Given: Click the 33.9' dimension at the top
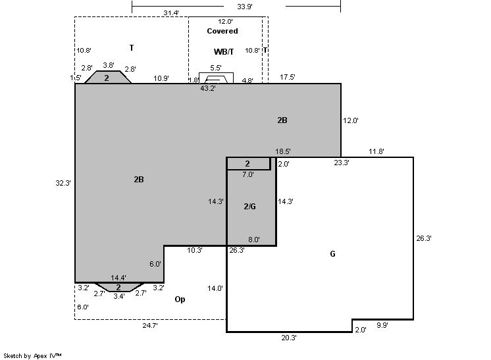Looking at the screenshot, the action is click(245, 7).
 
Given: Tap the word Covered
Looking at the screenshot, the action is click(222, 31).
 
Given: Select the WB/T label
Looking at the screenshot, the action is click(224, 51).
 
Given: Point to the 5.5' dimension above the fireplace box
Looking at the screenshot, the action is click(216, 68).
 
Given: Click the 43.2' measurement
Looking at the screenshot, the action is click(208, 88).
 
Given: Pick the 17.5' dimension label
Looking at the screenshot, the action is click(288, 77).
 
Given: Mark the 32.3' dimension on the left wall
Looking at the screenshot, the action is click(63, 183).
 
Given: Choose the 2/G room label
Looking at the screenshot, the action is click(249, 206).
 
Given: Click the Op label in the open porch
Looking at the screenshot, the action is click(180, 299).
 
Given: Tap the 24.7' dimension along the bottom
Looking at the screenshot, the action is click(150, 325).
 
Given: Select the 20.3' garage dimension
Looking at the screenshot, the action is click(289, 338).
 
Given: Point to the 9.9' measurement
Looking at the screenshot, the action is click(382, 325).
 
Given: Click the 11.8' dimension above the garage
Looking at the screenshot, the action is click(376, 151).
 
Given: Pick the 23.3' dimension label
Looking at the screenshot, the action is click(342, 163).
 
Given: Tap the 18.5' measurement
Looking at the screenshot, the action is click(283, 151).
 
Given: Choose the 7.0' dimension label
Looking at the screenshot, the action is click(248, 174).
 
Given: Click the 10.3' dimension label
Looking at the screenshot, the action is click(195, 251).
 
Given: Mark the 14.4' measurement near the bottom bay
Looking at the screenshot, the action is click(118, 278).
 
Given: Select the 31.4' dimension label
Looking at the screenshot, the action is click(171, 13).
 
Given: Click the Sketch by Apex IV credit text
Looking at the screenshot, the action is click(32, 356).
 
